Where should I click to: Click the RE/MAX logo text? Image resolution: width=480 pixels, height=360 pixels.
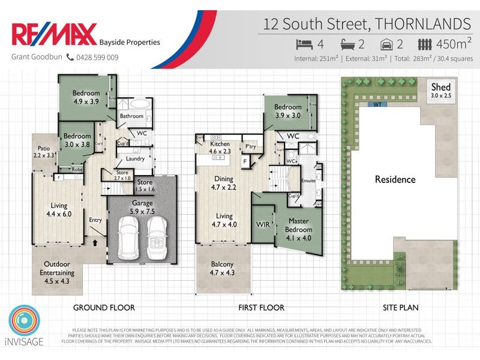[x=53, y=35]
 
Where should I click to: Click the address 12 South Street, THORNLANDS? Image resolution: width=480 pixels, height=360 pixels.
[x=367, y=25]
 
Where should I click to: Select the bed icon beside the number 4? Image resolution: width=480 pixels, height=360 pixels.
[x=304, y=44]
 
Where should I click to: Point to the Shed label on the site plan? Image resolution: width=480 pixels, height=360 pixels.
[x=440, y=88]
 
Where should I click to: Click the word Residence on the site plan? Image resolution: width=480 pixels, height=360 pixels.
[x=395, y=179]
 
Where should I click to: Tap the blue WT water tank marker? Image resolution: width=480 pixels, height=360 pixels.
[x=377, y=104]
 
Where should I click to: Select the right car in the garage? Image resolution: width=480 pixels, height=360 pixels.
[x=157, y=235]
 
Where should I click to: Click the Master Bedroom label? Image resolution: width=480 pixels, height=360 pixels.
[x=298, y=225]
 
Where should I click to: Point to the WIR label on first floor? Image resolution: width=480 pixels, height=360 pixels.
[x=262, y=224]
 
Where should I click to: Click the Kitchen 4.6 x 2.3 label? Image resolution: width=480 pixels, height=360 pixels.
[x=220, y=148]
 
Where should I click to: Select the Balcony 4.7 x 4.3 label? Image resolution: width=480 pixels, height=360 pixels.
[x=223, y=268]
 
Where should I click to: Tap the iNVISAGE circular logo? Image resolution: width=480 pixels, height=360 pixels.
[x=25, y=322]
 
